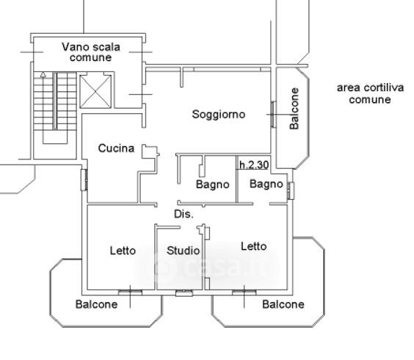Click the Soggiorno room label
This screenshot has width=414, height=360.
point(219,115)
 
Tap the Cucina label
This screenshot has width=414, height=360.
point(116,148)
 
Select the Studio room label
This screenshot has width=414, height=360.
point(184,251)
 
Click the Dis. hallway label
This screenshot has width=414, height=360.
point(184,214)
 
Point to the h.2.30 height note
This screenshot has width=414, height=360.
point(254,165)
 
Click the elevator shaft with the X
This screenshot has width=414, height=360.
point(95,92)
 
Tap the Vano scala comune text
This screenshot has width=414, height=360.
point(91,52)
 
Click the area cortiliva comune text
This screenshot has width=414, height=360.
point(370,93)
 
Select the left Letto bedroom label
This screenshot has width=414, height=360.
point(123,251)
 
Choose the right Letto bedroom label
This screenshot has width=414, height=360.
point(254,246)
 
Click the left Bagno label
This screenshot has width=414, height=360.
point(213,184)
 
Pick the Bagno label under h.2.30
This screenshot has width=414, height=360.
point(266,184)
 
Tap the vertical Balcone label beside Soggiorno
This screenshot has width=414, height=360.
point(294,109)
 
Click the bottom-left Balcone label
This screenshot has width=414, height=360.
point(96,304)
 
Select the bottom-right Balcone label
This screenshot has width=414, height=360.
point(283,304)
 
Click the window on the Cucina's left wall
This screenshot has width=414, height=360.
point(84,180)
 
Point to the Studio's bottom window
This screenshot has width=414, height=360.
point(184,292)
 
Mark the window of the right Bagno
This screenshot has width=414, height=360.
point(291,190)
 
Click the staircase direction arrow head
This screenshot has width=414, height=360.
point(43,76)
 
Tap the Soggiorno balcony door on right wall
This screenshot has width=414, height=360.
point(273,115)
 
